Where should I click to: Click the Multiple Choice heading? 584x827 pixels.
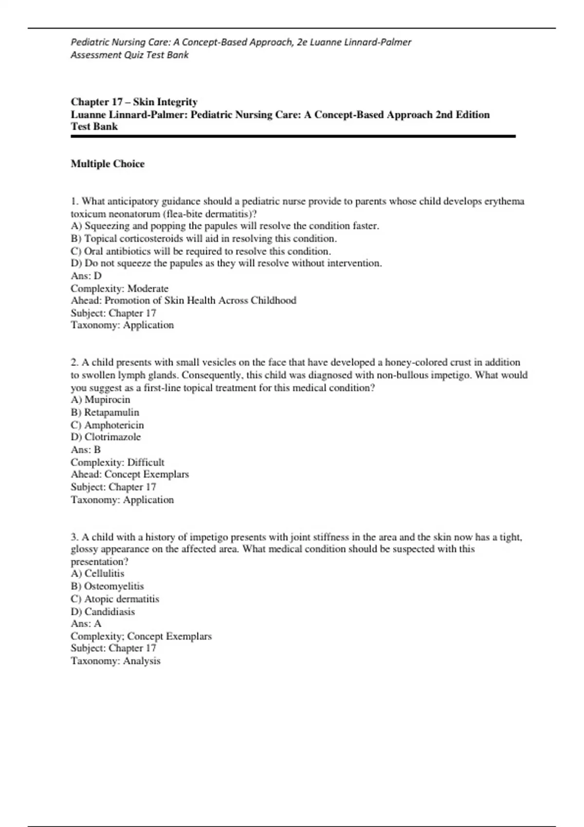108,164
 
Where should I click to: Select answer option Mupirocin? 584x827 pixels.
101,400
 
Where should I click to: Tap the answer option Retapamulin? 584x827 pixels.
105,413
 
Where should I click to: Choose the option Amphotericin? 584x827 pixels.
108,425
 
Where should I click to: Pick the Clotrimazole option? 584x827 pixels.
106,437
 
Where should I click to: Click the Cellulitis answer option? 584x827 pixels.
98,574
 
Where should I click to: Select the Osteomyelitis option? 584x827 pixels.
108,586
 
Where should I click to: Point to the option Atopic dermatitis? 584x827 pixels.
115,599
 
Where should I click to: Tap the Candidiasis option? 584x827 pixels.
103,611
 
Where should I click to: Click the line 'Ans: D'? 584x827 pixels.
86,276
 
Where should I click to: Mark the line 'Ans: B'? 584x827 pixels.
86,450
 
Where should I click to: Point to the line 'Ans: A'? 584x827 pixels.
86,624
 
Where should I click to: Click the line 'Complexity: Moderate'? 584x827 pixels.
120,288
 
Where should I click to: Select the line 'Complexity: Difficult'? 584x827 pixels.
118,463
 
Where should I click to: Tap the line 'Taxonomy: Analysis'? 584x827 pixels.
116,661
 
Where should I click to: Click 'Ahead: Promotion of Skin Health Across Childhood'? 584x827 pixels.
183,301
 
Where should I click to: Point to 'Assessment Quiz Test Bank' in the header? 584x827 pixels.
129,55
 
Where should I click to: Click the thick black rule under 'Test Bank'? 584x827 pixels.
293,137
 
